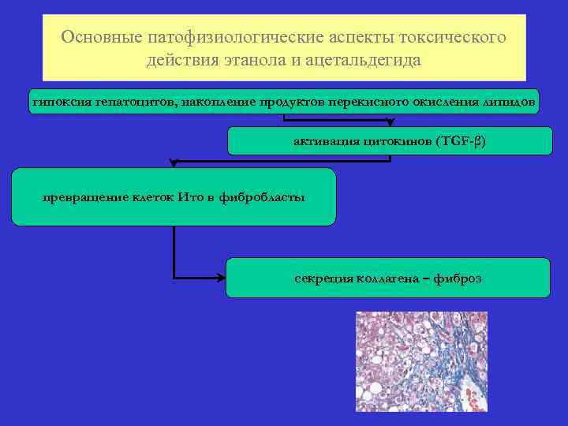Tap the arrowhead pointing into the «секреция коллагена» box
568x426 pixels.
(222, 278)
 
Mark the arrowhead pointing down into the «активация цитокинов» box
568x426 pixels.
(389, 123)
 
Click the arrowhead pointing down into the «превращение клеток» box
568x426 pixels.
(174, 163)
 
